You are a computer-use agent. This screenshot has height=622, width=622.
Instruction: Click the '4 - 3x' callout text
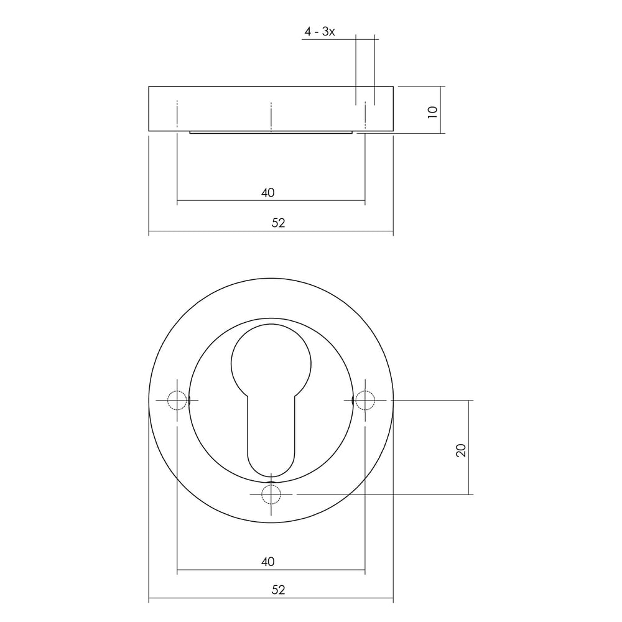tap(320, 32)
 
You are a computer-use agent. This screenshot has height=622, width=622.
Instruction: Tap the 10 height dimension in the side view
tap(434, 111)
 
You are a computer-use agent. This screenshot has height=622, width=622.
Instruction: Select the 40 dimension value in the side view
tap(267, 193)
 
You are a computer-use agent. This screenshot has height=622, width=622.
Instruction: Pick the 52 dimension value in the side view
tap(278, 223)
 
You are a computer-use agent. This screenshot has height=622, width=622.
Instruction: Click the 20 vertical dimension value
tap(461, 450)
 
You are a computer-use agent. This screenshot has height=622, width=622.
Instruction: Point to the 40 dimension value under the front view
tap(267, 562)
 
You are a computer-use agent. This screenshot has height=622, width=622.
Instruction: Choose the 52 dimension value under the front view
tap(278, 590)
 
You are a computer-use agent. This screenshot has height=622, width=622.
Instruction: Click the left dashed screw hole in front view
tap(177, 401)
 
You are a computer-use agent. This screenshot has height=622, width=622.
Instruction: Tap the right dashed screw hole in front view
tap(364, 401)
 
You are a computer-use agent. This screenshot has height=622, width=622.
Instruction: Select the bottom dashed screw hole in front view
tap(271, 494)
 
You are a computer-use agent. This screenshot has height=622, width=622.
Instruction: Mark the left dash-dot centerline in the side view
tap(177, 115)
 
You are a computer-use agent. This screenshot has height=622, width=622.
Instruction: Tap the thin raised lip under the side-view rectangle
tap(271, 132)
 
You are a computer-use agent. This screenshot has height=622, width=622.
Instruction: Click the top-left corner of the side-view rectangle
tap(149, 86)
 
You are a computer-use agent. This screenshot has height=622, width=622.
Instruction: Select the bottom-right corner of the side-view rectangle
tap(393, 131)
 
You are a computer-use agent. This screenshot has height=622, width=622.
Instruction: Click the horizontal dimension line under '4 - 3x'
tap(340, 39)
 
